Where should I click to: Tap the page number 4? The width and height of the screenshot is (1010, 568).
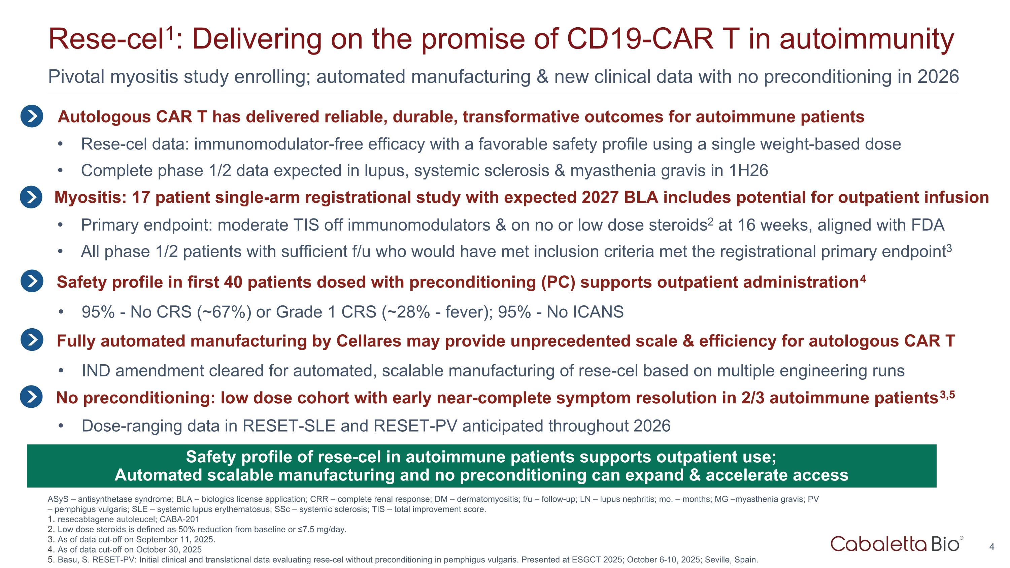991,547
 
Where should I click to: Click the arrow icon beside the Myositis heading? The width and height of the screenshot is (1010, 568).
31,197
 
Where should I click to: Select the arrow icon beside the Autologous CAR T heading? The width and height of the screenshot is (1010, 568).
32,116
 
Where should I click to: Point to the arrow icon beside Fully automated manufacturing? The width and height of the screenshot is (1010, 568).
32,339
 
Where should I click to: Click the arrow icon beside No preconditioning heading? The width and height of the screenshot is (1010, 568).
31,397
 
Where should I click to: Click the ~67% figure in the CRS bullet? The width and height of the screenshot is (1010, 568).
224,312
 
